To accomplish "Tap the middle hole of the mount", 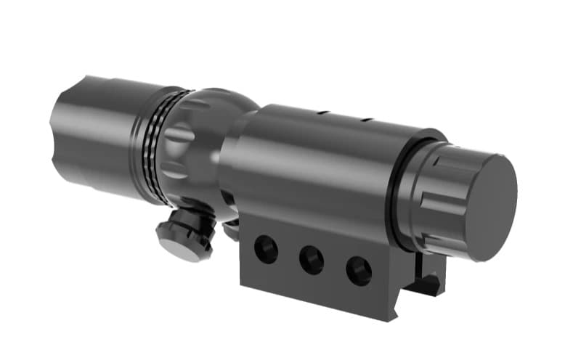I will (312, 260).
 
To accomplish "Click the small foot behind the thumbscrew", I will (231, 231).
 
